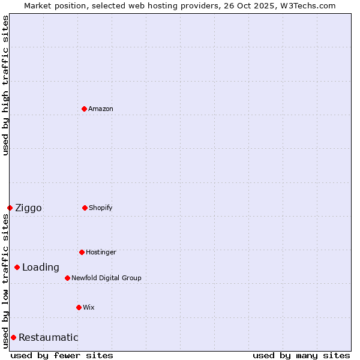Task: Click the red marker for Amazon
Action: tap(84, 109)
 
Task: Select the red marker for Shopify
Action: tap(85, 208)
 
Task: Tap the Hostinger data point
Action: tap(82, 252)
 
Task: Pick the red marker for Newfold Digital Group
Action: tap(67, 278)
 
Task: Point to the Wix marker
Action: tap(79, 307)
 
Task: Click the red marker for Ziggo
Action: tap(10, 208)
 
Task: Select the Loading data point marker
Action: tap(17, 267)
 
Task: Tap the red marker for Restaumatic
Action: tap(13, 337)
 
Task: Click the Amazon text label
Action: tap(101, 109)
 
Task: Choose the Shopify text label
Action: tap(101, 208)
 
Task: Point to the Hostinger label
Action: tap(101, 252)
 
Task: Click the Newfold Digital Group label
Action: tap(106, 278)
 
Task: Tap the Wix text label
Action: tap(89, 307)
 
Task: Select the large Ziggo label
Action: tap(28, 208)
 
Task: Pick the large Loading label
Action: tap(41, 268)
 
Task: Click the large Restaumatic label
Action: tap(48, 338)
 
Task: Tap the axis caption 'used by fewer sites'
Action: tap(62, 355)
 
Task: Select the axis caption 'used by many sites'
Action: tap(301, 355)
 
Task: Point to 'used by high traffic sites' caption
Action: tap(5, 85)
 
